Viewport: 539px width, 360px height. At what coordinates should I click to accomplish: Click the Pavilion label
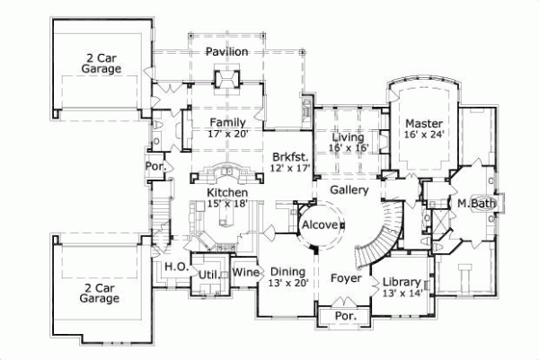tap(226, 52)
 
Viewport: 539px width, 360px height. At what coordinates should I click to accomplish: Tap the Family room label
tap(228, 122)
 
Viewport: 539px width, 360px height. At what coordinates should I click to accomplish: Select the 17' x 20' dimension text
tap(228, 134)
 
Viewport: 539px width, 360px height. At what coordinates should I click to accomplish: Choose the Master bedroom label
tap(420, 123)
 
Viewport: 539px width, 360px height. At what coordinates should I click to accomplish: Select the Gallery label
tap(349, 190)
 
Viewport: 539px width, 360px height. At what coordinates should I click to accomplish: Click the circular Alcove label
tap(321, 224)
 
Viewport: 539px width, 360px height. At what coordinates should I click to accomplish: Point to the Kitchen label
tap(227, 193)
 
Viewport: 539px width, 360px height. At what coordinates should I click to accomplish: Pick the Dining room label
tap(287, 272)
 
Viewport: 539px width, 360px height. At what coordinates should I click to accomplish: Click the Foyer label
tap(346, 278)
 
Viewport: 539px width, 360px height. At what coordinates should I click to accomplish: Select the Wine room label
tap(246, 273)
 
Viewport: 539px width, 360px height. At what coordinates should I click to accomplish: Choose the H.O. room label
tap(174, 267)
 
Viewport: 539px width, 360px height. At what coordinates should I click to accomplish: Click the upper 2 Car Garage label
tap(102, 62)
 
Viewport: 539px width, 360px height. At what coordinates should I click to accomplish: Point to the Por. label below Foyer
tap(345, 317)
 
